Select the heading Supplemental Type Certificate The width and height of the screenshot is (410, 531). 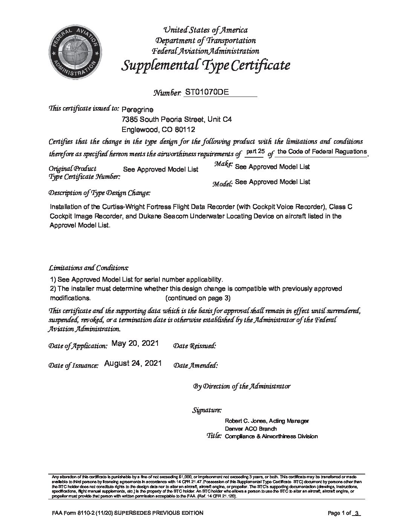point(205,66)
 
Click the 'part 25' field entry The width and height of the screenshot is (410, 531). point(255,152)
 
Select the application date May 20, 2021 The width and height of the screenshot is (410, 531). point(135,344)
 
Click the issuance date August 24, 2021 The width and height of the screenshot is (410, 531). point(133,363)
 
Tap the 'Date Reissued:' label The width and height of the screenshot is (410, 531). point(194,346)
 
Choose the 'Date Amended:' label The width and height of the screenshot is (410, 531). point(195,365)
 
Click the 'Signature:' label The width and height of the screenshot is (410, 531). point(207,410)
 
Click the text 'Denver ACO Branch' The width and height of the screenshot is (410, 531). point(251,429)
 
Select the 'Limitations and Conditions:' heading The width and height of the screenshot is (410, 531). point(89,268)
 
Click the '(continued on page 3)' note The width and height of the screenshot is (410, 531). point(198,298)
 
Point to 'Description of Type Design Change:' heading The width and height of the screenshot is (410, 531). point(99,193)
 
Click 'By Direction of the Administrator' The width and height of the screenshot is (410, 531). point(242,386)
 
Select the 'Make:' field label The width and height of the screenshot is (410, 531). point(223,164)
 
